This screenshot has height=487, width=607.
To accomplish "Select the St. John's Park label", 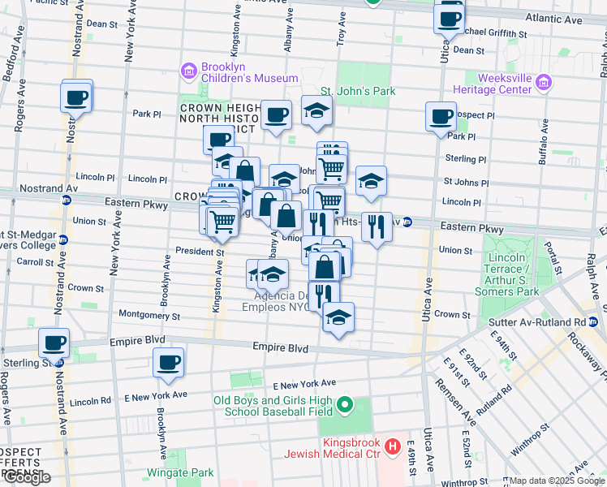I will click(358, 91).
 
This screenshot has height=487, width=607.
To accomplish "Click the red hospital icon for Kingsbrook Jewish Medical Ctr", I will click(394, 446).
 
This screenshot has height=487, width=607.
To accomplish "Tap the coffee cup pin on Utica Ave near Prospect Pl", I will click(441, 118).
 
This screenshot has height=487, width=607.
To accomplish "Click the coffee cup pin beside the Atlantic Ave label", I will click(449, 18).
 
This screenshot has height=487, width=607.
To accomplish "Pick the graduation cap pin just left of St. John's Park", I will click(316, 112).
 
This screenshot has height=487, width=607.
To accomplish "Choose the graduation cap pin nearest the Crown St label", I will click(338, 318).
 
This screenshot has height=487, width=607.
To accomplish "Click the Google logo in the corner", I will click(26, 477).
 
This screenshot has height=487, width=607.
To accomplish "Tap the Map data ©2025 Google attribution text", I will click(557, 481).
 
